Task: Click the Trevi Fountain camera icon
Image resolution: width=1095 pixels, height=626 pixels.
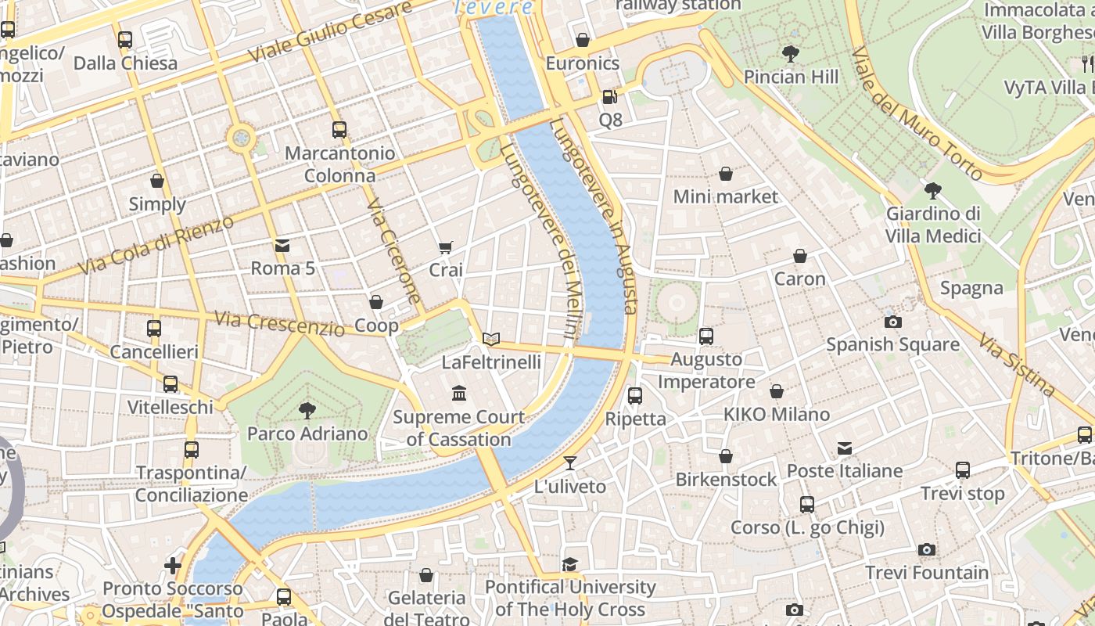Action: [927, 550]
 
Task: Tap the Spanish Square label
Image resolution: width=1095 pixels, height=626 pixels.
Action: [892, 344]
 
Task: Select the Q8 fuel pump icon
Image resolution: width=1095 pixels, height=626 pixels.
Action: [609, 98]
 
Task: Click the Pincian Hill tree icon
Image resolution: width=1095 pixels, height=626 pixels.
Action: [791, 54]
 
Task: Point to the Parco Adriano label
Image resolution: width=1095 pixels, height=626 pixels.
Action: [307, 434]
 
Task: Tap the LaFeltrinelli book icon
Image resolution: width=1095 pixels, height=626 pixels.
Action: [490, 339]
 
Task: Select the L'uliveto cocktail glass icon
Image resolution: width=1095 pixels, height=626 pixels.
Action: [570, 463]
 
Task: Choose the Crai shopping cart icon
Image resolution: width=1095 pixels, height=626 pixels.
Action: [446, 248]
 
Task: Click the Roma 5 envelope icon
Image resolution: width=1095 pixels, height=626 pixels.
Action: [282, 246]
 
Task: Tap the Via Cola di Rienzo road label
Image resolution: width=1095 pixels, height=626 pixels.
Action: [156, 245]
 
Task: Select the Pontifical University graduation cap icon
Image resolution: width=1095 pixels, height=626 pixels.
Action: [570, 564]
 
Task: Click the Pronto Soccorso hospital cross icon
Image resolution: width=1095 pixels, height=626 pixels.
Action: [173, 565]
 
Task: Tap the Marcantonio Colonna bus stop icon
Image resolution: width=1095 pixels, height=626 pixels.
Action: [339, 130]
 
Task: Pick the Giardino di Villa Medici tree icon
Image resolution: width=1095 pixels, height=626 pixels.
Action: [932, 190]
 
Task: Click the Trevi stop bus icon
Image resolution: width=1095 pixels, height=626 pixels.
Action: [962, 470]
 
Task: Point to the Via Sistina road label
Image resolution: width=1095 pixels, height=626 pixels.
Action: [1017, 364]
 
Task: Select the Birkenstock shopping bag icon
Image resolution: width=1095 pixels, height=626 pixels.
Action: [726, 456]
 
